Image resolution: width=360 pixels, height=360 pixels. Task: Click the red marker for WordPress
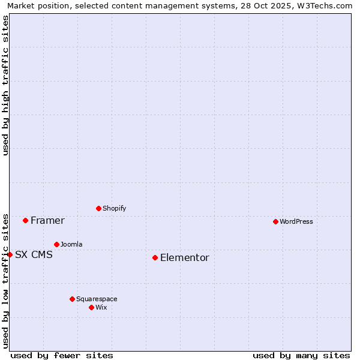pyautogui.click(x=275, y=221)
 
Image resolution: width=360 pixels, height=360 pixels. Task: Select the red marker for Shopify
pyautogui.click(x=98, y=208)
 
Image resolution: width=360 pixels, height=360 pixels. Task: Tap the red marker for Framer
pyautogui.click(x=25, y=220)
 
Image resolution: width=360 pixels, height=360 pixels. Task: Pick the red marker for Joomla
pyautogui.click(x=56, y=244)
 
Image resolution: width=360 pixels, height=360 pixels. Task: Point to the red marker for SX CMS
pyautogui.click(x=10, y=254)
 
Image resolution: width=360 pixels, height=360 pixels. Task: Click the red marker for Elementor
pyautogui.click(x=155, y=257)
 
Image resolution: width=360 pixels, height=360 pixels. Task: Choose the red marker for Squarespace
pyautogui.click(x=72, y=299)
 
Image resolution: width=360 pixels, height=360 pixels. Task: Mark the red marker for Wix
pyautogui.click(x=91, y=307)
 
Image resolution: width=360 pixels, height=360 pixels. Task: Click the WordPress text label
pyautogui.click(x=296, y=221)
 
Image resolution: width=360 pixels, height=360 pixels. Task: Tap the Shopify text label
pyautogui.click(x=115, y=208)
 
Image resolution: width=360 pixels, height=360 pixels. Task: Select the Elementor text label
pyautogui.click(x=185, y=258)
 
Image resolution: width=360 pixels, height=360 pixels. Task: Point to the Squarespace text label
pyautogui.click(x=97, y=299)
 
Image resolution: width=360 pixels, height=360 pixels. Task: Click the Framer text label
pyautogui.click(x=47, y=221)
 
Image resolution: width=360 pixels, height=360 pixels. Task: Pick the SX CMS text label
pyautogui.click(x=34, y=255)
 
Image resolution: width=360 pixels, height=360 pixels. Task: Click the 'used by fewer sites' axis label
pyautogui.click(x=62, y=355)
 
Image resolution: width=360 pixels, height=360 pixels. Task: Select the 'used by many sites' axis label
pyautogui.click(x=301, y=355)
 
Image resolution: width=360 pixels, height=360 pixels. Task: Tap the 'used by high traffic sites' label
pyautogui.click(x=5, y=85)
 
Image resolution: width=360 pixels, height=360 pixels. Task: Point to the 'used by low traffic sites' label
pyautogui.click(x=5, y=280)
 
